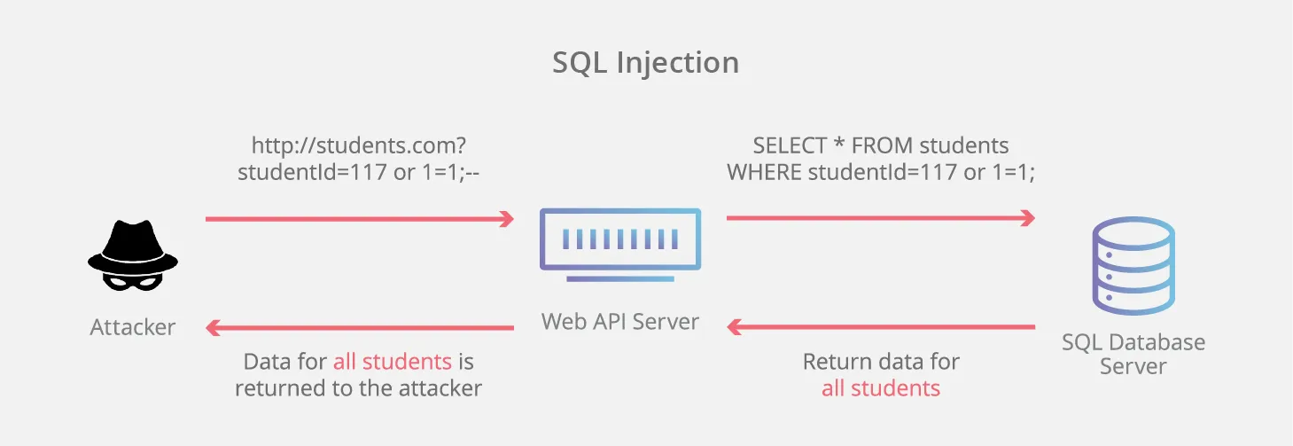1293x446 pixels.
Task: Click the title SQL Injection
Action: [645, 63]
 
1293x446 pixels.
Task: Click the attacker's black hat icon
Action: [133, 245]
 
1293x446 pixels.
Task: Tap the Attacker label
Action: [133, 327]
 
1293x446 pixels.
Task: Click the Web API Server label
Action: [620, 321]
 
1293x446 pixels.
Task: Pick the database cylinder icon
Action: [1133, 265]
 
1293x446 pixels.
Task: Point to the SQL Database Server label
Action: [1133, 354]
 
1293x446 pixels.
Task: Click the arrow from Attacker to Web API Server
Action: [360, 218]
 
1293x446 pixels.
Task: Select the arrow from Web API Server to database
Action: [881, 218]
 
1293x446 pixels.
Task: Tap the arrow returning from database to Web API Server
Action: [881, 327]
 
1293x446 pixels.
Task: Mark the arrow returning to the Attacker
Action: [360, 327]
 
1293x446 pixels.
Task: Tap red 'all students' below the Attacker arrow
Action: [393, 362]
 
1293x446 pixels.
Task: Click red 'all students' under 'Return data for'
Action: [881, 388]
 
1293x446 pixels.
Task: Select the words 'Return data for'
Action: [881, 362]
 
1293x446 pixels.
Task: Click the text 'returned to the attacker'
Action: [359, 388]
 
